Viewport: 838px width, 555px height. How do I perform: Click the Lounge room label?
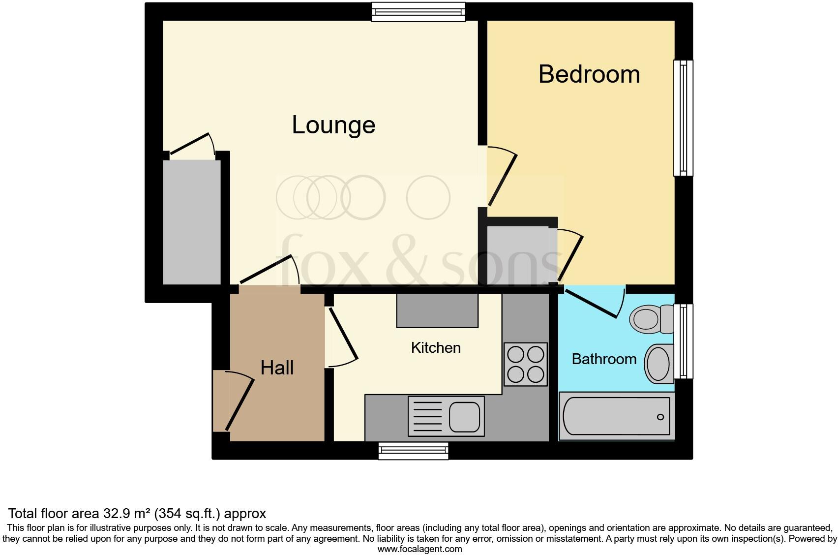333,125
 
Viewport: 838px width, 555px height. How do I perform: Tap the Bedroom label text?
589,74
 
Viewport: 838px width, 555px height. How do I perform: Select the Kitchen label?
436,348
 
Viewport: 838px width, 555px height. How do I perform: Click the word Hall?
277,368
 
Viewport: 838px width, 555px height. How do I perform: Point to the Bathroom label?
604,359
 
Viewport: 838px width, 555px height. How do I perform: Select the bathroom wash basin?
659,363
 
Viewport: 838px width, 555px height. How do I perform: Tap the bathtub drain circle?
660,417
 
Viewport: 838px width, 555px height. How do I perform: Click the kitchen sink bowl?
464,416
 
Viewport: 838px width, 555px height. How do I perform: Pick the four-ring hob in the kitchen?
525,364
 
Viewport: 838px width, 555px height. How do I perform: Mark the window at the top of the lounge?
418,12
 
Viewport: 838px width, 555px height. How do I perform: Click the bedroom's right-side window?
683,118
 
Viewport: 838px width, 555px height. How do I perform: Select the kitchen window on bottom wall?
413,451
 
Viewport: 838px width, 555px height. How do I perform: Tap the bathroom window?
683,341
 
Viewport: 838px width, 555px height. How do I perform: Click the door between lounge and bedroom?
502,177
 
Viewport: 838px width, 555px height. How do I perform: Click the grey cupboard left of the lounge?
192,221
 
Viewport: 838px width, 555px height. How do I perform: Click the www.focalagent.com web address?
419,549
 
